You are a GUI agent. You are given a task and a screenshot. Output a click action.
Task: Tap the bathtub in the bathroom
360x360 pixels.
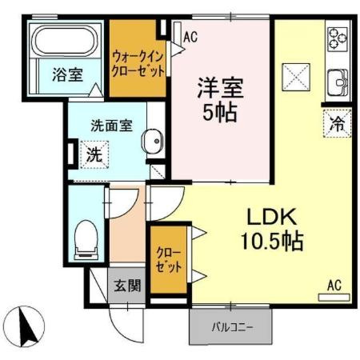click(64, 42)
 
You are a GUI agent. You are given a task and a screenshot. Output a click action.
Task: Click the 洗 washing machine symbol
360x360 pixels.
click(93, 155)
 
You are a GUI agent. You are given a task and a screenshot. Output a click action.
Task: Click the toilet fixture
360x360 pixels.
click(85, 238)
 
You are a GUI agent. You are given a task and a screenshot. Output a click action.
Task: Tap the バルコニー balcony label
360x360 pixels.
click(231, 326)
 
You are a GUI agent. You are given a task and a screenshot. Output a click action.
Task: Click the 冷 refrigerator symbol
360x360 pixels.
click(338, 124)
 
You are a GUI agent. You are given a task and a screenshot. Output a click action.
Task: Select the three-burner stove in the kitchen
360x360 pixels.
click(337, 38)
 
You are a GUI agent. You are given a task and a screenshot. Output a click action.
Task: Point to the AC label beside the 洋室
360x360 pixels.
click(190, 36)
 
